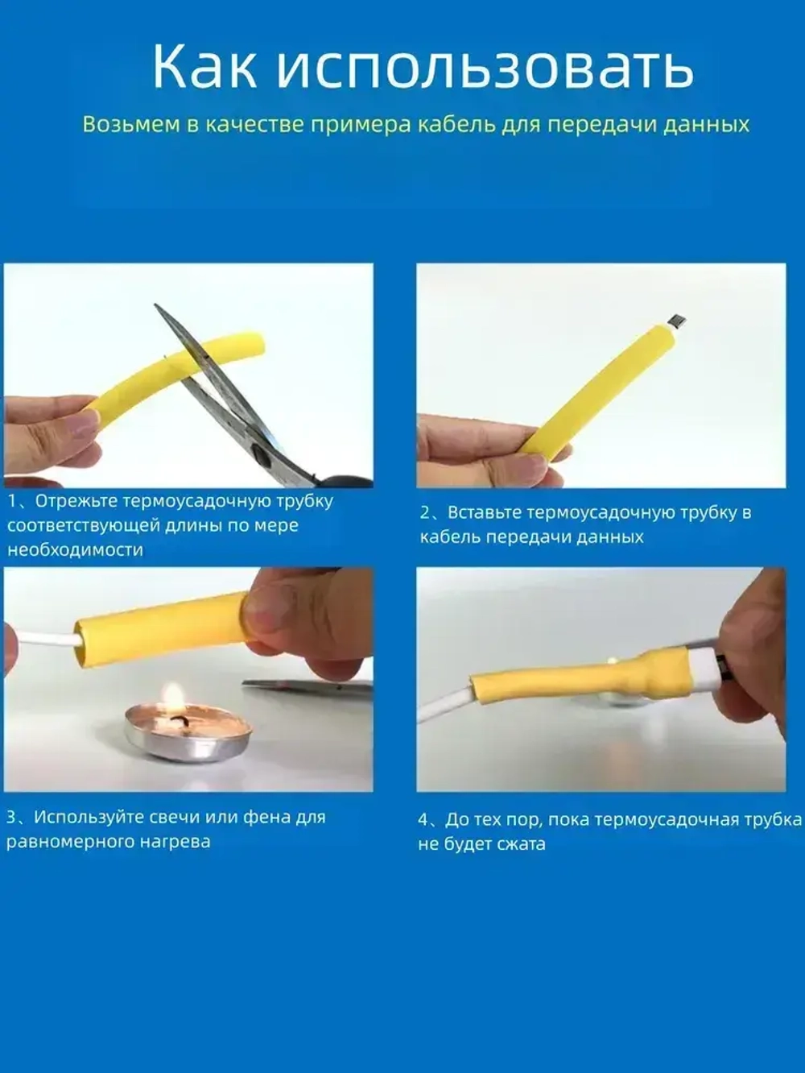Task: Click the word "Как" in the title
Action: click(x=205, y=66)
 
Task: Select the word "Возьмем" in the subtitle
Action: click(x=131, y=125)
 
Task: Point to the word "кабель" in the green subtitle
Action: click(x=458, y=125)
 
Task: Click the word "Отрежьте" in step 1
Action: click(x=77, y=502)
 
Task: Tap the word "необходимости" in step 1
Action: click(x=76, y=550)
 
